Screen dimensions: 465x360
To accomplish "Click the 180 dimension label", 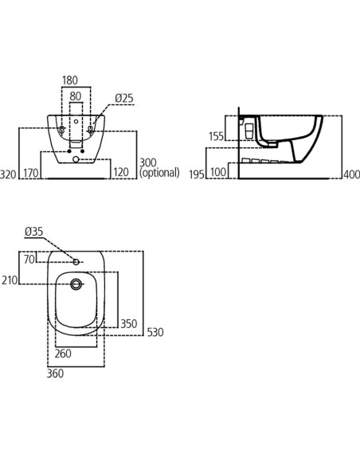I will (71, 80).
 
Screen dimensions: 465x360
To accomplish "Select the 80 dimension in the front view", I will (75, 96).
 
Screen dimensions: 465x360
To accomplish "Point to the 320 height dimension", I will (9, 173).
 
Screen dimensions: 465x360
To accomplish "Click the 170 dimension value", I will (31, 173).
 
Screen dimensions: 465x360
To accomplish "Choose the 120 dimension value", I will (121, 173).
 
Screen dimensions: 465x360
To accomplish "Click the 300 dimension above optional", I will (148, 162).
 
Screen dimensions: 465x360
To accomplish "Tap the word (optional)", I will (160, 173).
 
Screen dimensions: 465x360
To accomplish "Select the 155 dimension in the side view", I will (215, 137).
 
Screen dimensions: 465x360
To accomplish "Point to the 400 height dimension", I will (350, 174).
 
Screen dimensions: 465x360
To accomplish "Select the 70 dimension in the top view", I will (29, 259).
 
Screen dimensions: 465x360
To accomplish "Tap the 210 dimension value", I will (9, 281).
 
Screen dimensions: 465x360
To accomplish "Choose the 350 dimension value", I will (128, 324).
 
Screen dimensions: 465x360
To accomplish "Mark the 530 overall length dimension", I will (155, 332).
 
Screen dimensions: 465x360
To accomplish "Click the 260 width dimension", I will (64, 354).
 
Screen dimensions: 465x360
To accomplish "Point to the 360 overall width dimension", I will (56, 373).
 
